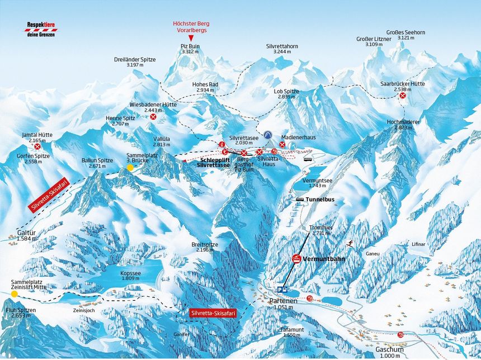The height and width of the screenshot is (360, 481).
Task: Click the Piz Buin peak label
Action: pyautogui.click(x=190, y=48)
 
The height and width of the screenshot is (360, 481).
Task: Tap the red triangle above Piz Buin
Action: pyautogui.click(x=190, y=36)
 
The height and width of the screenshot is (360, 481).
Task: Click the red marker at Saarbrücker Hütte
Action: pyautogui.click(x=402, y=96)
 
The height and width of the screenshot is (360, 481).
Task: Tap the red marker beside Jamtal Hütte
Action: pyautogui.click(x=37, y=146)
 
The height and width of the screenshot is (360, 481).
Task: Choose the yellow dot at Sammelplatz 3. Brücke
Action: pyautogui.click(x=130, y=167)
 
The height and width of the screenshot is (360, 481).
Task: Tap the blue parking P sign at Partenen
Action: pyautogui.click(x=281, y=290)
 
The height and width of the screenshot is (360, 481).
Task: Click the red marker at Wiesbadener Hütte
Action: pyautogui.click(x=153, y=117)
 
